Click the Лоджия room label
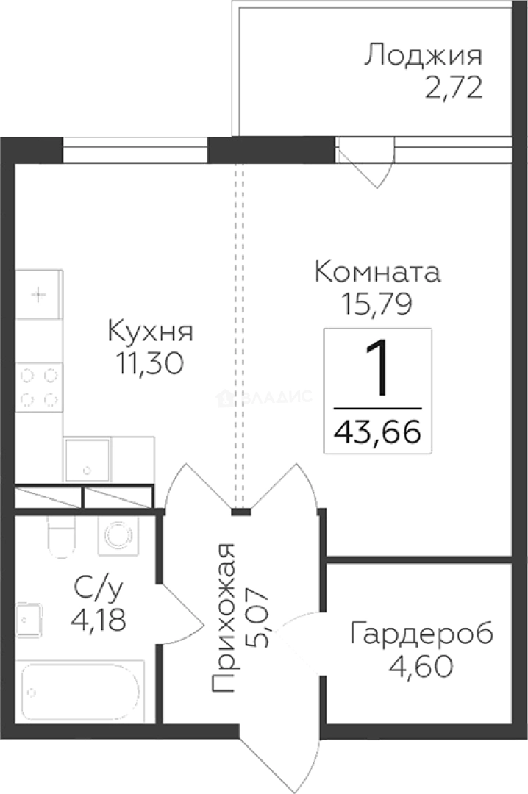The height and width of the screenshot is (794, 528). tap(424, 56)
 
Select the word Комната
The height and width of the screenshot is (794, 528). tap(377, 272)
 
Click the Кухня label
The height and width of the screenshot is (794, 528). tap(150, 331)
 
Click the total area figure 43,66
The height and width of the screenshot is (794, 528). tap(377, 432)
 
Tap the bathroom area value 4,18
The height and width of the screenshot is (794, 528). tap(99, 618)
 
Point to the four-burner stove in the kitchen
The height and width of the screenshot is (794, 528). tap(39, 387)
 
